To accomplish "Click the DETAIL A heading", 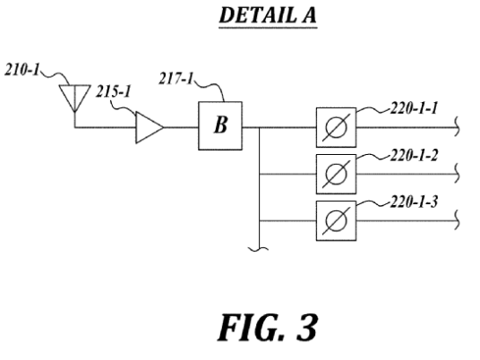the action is [268, 15].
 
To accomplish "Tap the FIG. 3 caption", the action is [267, 328].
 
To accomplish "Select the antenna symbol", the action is [74, 98].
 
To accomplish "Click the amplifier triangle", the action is [150, 127].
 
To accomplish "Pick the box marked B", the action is [220, 125].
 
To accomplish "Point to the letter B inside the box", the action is [220, 125].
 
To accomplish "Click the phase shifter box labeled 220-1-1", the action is [336, 127].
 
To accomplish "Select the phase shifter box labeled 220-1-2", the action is [336, 175].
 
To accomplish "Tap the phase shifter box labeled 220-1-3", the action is [336, 220].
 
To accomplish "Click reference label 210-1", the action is [22, 70].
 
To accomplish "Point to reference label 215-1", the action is [113, 91].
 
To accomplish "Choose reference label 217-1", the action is [176, 79].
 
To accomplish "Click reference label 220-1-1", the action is [414, 108].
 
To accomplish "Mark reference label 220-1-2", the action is [414, 156].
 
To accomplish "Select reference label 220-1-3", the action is [414, 202].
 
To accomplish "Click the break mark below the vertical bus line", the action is [259, 249].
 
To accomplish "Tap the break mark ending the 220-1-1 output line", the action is [458, 126].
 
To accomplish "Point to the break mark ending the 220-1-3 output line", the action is [458, 219].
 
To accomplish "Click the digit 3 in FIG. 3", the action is [307, 328].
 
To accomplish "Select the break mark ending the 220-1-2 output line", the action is [458, 173].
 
